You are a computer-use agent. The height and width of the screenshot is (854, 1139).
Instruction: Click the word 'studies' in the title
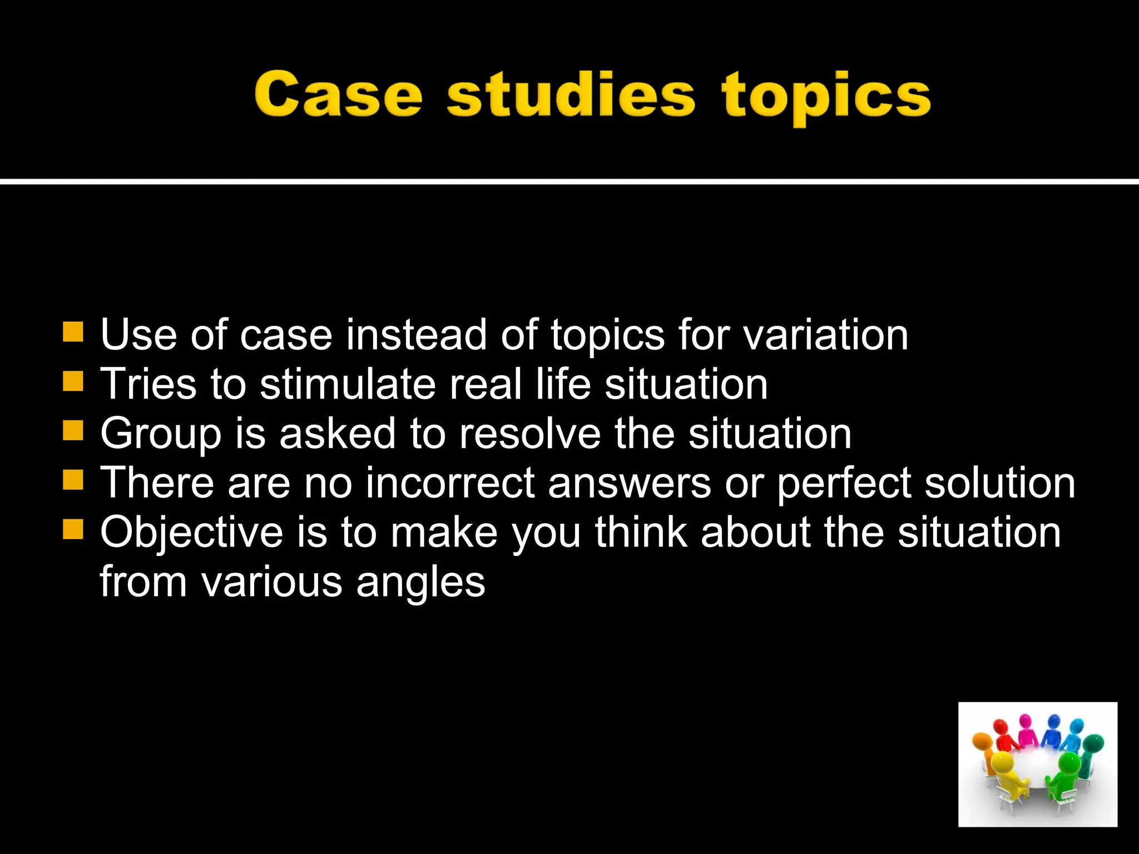pyautogui.click(x=571, y=96)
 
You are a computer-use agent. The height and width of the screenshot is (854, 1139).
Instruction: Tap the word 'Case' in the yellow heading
pyautogui.click(x=338, y=96)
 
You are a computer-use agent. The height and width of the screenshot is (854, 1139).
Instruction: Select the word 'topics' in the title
pyautogui.click(x=826, y=98)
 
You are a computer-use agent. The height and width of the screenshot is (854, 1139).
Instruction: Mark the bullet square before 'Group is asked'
pyautogui.click(x=73, y=430)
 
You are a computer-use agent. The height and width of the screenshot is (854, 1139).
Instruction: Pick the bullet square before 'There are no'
pyautogui.click(x=73, y=479)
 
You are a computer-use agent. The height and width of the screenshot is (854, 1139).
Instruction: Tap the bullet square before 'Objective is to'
pyautogui.click(x=73, y=529)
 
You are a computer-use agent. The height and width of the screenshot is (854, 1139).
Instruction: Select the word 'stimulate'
pyautogui.click(x=348, y=384)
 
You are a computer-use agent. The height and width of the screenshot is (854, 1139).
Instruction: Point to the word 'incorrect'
pyautogui.click(x=450, y=483)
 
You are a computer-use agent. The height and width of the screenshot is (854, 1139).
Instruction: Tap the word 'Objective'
pyautogui.click(x=192, y=533)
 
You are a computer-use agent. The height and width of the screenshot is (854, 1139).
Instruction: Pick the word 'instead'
pyautogui.click(x=416, y=335)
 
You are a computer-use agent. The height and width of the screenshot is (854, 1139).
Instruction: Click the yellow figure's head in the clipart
pyautogui.click(x=1002, y=761)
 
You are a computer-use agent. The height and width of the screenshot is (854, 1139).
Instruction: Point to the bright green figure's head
pyautogui.click(x=1067, y=761)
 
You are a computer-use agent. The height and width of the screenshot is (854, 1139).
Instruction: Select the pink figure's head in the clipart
pyautogui.click(x=1025, y=722)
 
